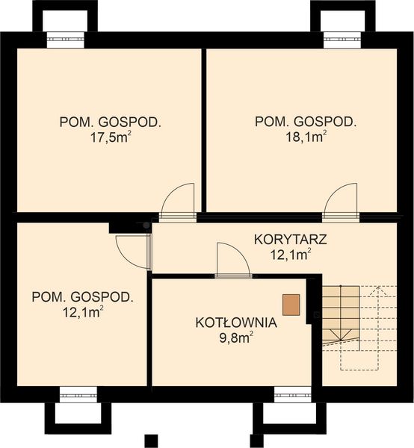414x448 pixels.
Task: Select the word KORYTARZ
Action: tap(291, 240)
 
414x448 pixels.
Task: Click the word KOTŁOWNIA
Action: tap(236, 323)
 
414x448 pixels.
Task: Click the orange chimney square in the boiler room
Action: tap(291, 304)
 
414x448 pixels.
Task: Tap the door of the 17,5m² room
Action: tap(179, 200)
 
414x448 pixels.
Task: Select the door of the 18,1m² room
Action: tap(341, 200)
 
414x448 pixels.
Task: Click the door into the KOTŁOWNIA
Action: tap(232, 260)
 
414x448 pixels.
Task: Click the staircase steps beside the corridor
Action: tap(340, 314)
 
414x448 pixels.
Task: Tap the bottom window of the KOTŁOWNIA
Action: tap(292, 393)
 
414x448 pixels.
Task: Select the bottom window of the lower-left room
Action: tap(78, 393)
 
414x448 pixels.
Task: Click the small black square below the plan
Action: tap(150, 439)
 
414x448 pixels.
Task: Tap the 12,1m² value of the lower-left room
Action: tap(83, 311)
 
